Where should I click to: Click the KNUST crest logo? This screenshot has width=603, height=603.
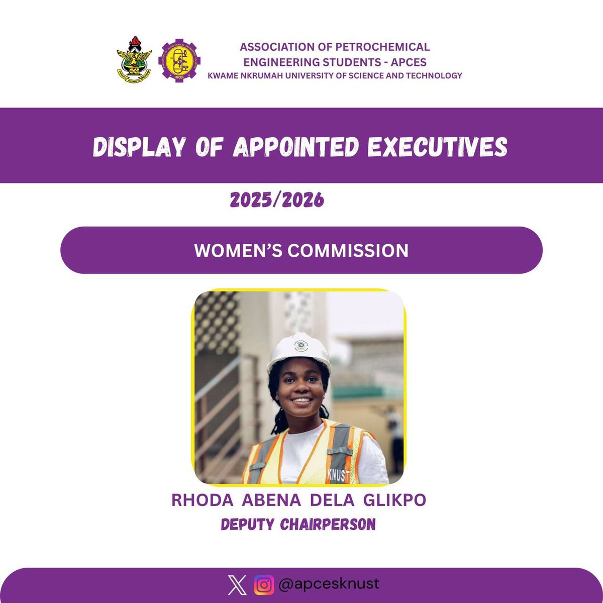(x=134, y=60)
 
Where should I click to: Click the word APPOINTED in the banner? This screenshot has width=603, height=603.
(x=296, y=146)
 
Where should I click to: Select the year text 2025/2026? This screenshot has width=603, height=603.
(x=277, y=200)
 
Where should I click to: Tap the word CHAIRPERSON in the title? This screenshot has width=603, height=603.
(x=328, y=525)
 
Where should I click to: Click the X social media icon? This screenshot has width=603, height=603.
(x=237, y=585)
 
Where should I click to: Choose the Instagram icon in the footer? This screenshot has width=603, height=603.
(x=264, y=585)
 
